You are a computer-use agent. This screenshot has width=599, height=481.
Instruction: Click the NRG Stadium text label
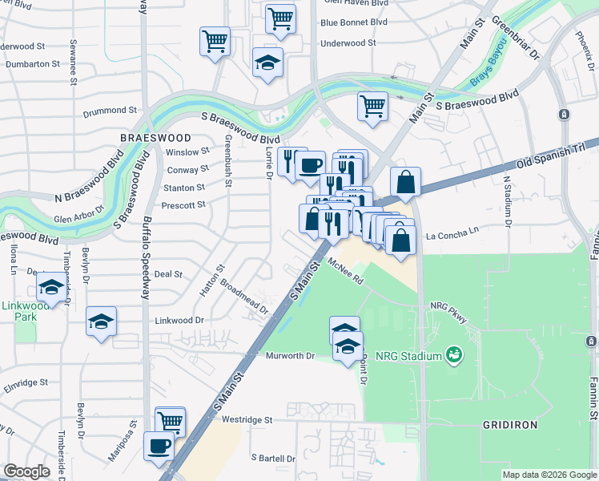412,356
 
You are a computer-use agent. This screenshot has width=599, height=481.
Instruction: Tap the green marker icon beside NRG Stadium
454,354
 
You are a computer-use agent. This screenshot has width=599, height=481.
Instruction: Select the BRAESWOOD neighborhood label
155,138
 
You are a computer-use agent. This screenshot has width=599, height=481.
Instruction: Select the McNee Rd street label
346,277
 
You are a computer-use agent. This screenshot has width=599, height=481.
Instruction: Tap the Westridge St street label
247,419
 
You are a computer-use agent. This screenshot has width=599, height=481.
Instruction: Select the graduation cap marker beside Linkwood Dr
102,321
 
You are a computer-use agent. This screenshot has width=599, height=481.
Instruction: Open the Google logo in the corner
26,471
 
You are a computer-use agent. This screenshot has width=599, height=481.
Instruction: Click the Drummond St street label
115,110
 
